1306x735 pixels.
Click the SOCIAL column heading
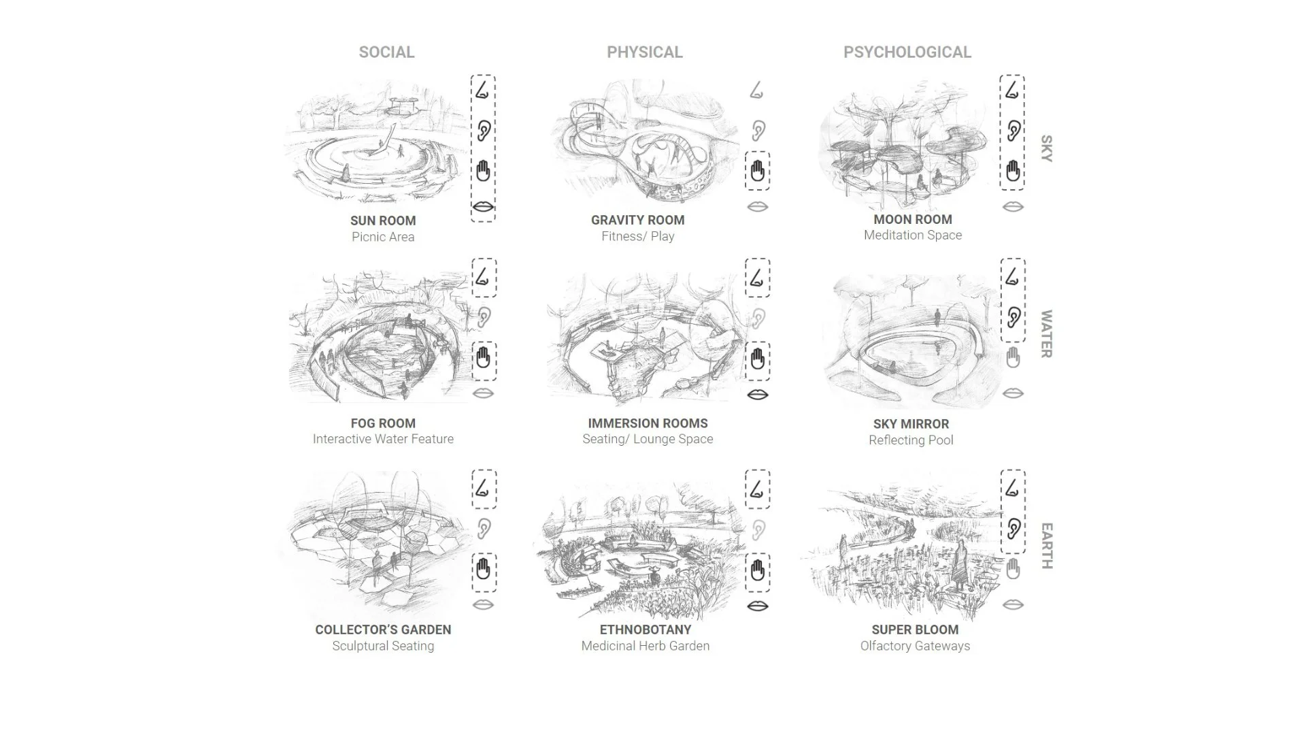386,52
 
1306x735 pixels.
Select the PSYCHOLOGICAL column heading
907,52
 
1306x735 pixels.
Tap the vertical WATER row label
1046,333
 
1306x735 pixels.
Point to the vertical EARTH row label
1046,546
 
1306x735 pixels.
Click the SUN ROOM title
383,220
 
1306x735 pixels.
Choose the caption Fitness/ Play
637,236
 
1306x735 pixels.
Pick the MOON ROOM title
912,219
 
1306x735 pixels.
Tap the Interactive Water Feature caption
383,439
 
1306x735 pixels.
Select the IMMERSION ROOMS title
648,423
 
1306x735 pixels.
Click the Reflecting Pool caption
911,440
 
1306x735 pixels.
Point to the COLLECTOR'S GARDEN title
383,630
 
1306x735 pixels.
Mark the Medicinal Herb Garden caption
645,646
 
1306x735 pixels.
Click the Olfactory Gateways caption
915,646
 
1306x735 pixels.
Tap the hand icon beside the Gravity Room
757,171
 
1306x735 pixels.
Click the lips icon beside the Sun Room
483,206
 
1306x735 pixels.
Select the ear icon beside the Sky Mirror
1013,317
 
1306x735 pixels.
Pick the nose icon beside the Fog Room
483,277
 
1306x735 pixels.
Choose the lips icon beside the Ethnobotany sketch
757,605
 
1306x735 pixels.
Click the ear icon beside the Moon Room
1013,130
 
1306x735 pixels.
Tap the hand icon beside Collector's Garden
483,569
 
